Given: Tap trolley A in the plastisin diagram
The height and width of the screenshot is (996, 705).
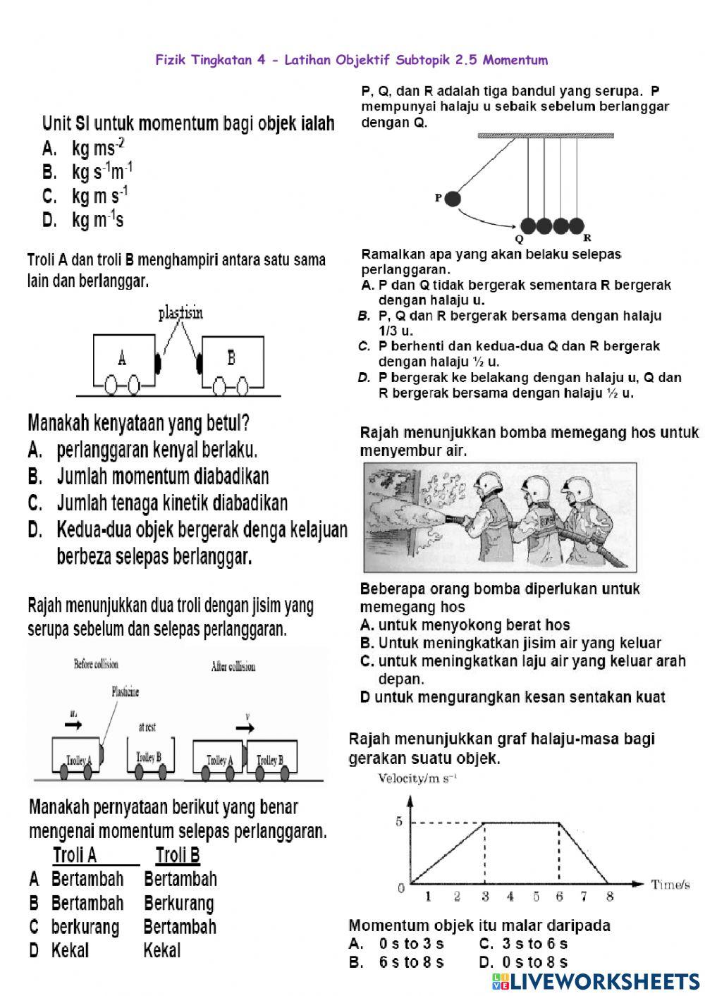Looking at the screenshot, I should (123, 359).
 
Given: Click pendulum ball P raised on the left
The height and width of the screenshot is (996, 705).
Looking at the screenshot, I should (452, 199).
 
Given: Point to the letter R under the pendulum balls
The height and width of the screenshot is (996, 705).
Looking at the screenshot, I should (587, 238).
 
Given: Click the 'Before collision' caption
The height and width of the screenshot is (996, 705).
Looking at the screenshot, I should (96, 664).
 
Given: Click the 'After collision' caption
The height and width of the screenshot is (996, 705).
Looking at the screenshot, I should (233, 666).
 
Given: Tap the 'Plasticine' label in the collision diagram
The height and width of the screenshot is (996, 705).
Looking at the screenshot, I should (125, 691).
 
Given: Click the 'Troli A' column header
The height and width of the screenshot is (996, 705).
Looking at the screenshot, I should (75, 856).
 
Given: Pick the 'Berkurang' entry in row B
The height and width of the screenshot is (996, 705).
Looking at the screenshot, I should (178, 903).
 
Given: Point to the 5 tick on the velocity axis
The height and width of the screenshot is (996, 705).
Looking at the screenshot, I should (399, 822).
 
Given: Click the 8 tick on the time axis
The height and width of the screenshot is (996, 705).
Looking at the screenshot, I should (610, 897).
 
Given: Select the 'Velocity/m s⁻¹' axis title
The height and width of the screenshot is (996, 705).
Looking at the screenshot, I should (417, 778).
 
